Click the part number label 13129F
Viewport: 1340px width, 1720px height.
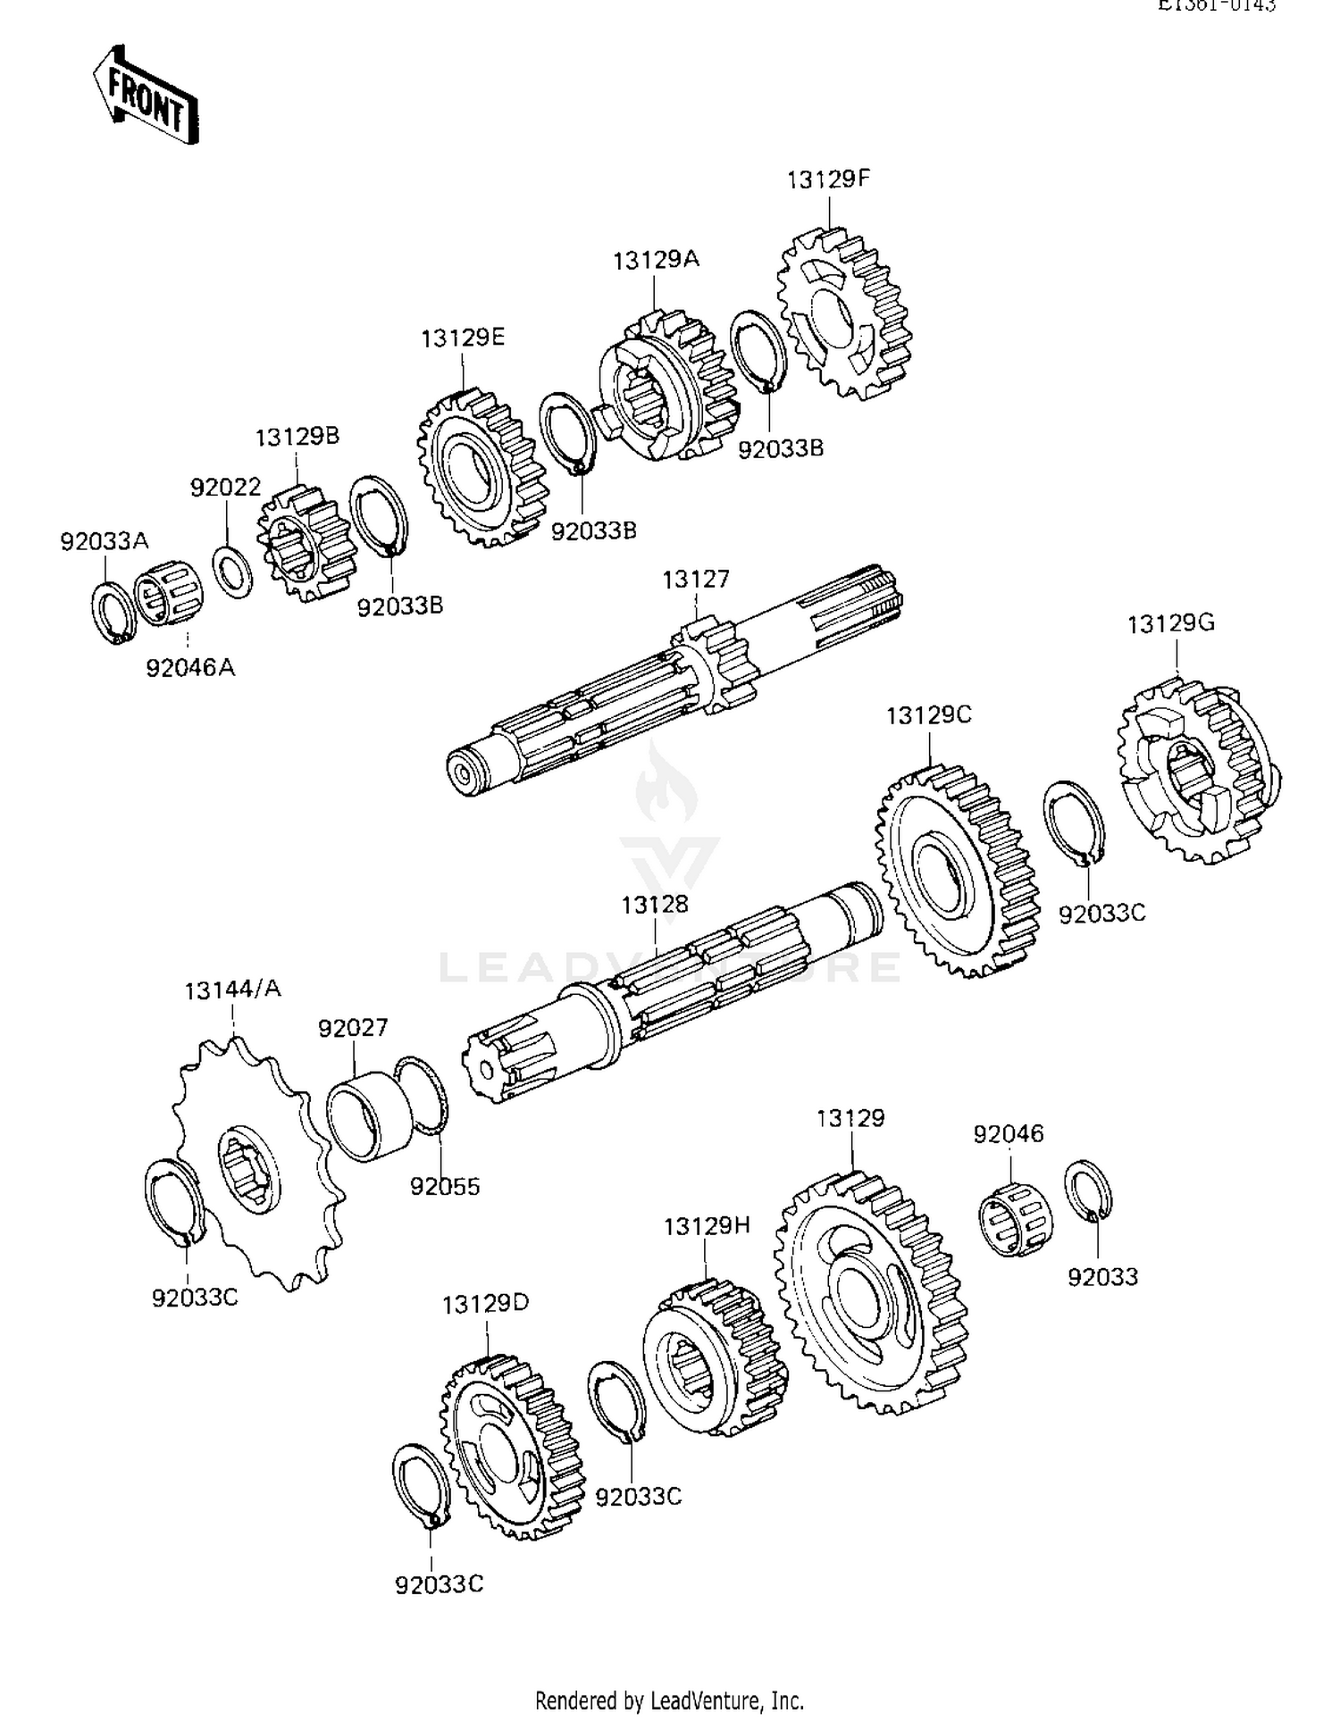point(828,180)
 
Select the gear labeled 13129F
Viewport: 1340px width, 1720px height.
point(845,313)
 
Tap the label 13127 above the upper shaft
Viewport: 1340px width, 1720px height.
point(695,580)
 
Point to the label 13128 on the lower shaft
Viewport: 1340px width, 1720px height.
point(655,905)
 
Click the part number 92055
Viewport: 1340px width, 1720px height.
point(445,1187)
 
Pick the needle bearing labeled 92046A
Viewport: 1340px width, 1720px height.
point(169,594)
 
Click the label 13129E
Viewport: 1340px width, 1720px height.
point(463,338)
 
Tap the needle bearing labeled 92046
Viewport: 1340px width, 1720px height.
point(1016,1219)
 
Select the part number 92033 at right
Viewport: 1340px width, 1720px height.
point(1102,1277)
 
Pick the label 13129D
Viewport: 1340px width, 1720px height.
point(485,1304)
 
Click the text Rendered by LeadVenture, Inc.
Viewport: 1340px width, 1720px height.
point(669,1699)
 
